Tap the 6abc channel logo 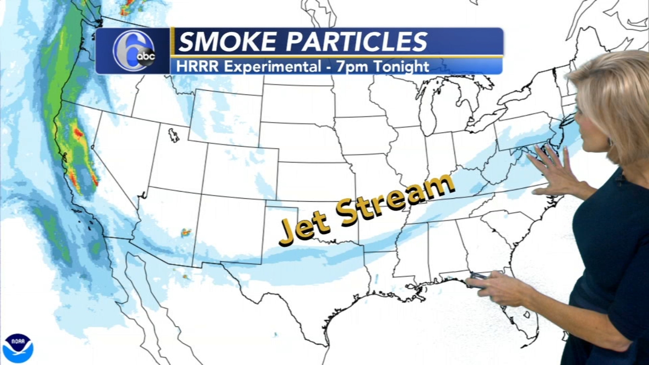pos(134,52)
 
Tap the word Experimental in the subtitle pos(272,67)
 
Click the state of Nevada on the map pos(122,154)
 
